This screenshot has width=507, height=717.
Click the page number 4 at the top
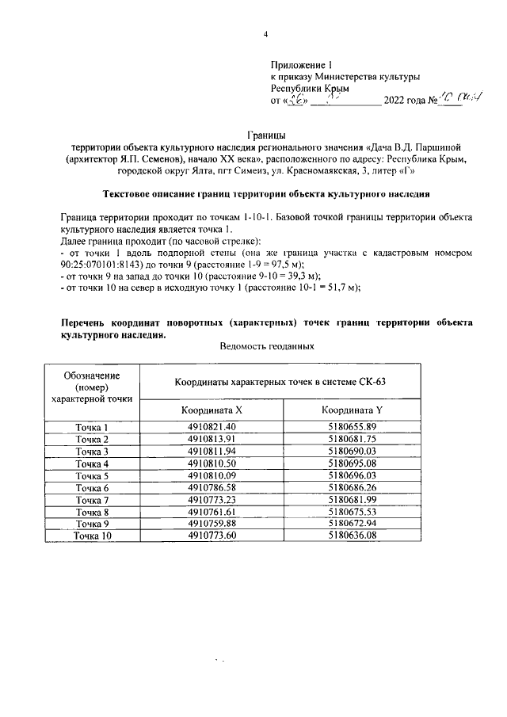(265, 33)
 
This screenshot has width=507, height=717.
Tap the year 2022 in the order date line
(396, 101)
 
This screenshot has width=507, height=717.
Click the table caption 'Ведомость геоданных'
(265, 346)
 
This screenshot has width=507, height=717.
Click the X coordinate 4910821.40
(212, 428)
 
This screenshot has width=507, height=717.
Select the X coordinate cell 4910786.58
(212, 487)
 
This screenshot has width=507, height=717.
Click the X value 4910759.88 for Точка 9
(212, 523)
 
